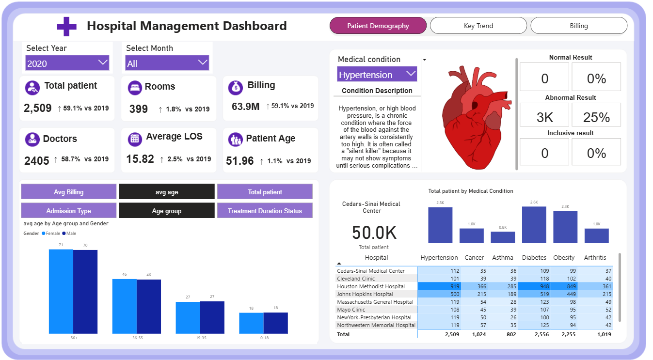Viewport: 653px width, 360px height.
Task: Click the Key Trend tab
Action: pyautogui.click(x=478, y=26)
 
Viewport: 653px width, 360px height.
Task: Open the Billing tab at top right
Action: pyautogui.click(x=579, y=26)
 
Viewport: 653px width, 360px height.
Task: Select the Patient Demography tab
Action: pyautogui.click(x=378, y=26)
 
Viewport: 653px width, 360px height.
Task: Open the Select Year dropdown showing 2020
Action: pyautogui.click(x=67, y=63)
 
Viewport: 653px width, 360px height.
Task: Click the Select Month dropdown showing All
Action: pyautogui.click(x=167, y=63)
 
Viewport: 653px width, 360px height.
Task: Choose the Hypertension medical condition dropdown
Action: pyautogui.click(x=377, y=75)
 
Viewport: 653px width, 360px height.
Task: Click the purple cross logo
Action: pyautogui.click(x=67, y=26)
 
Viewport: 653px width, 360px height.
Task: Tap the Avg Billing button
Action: pyautogui.click(x=68, y=192)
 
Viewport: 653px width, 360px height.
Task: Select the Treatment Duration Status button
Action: pyautogui.click(x=265, y=211)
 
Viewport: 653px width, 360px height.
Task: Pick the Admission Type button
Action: pyautogui.click(x=68, y=211)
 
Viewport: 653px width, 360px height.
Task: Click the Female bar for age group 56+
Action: pyautogui.click(x=61, y=291)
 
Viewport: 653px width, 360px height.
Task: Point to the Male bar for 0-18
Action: pyautogui.click(x=276, y=323)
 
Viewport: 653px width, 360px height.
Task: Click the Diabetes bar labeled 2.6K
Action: pyautogui.click(x=534, y=225)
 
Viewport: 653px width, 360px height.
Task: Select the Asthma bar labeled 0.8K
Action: pyautogui.click(x=503, y=237)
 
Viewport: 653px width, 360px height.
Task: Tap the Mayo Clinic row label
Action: pyautogui.click(x=351, y=310)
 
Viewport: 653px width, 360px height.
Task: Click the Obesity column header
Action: pyautogui.click(x=564, y=258)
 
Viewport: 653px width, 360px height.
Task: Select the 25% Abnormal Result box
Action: pyautogui.click(x=596, y=118)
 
